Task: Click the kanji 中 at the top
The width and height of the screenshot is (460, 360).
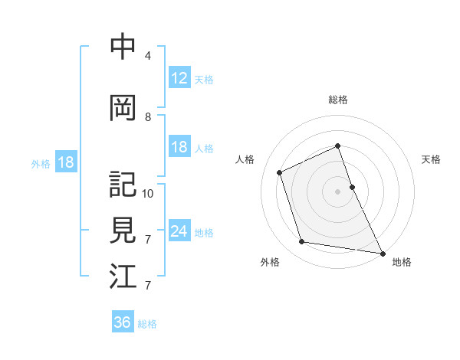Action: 123,47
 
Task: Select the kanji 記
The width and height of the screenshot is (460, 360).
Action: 123,185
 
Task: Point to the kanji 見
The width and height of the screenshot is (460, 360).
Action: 123,231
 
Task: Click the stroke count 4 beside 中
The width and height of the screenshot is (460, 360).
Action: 148,56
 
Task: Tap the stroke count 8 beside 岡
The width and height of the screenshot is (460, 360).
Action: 148,117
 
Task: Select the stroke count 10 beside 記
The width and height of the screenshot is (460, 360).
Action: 148,193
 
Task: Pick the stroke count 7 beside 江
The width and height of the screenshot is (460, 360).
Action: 148,286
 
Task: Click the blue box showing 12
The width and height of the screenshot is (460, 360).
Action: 179,78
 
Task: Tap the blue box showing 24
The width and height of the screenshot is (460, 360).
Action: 179,231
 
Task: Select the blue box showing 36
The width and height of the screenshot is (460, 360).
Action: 123,322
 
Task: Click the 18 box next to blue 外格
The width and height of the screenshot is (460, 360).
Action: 65,162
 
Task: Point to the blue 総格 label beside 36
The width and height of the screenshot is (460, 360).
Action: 147,324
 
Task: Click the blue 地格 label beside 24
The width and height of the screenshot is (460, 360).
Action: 204,233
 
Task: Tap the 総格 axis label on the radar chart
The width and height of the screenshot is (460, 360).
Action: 338,100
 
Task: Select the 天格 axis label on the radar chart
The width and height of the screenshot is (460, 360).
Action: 432,159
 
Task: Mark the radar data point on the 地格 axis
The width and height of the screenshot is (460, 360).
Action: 382,252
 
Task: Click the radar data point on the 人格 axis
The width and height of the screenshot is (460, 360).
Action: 280,172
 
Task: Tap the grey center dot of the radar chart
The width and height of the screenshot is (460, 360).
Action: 338,191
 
